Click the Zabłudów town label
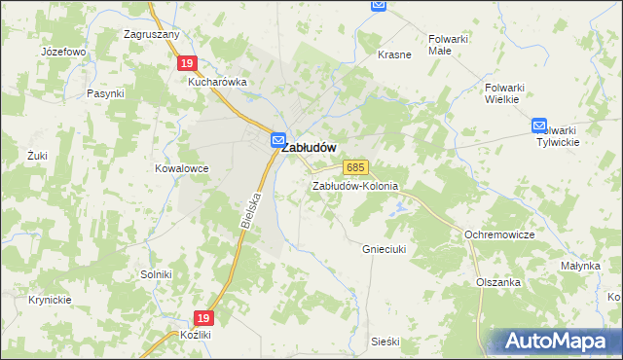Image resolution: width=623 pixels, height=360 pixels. click(x=310, y=148)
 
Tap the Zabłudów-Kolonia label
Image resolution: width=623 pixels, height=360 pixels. click(x=355, y=186)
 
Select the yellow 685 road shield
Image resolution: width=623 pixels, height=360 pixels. click(x=355, y=168)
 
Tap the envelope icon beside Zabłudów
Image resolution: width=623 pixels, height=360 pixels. click(x=277, y=140)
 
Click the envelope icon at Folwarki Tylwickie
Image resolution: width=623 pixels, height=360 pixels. click(x=540, y=126)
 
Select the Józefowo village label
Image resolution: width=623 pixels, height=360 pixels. click(x=64, y=51)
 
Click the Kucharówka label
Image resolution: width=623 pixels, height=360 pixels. click(x=218, y=83)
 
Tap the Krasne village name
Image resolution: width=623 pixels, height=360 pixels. click(x=394, y=54)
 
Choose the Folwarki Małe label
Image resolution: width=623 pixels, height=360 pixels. click(x=449, y=46)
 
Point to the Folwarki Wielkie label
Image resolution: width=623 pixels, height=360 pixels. click(x=505, y=92)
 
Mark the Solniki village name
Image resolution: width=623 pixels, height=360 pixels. click(x=156, y=275)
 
